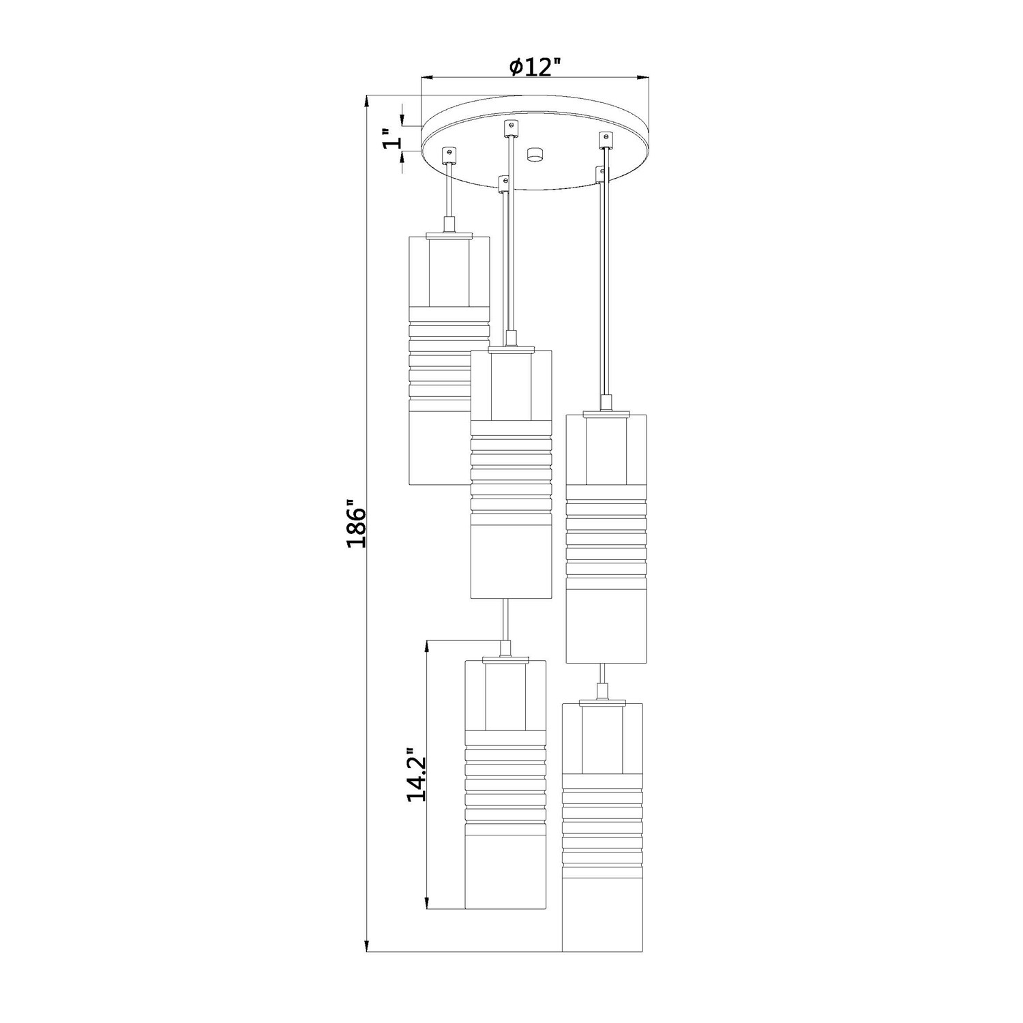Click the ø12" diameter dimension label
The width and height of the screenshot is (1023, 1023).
coord(535,67)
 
